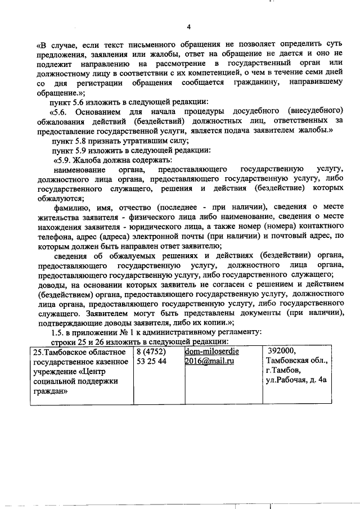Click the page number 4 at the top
click(x=189, y=26)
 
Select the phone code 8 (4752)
click(x=151, y=350)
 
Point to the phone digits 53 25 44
click(x=151, y=361)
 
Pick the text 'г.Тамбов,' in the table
click(x=285, y=371)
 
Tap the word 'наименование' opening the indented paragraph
click(x=79, y=169)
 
